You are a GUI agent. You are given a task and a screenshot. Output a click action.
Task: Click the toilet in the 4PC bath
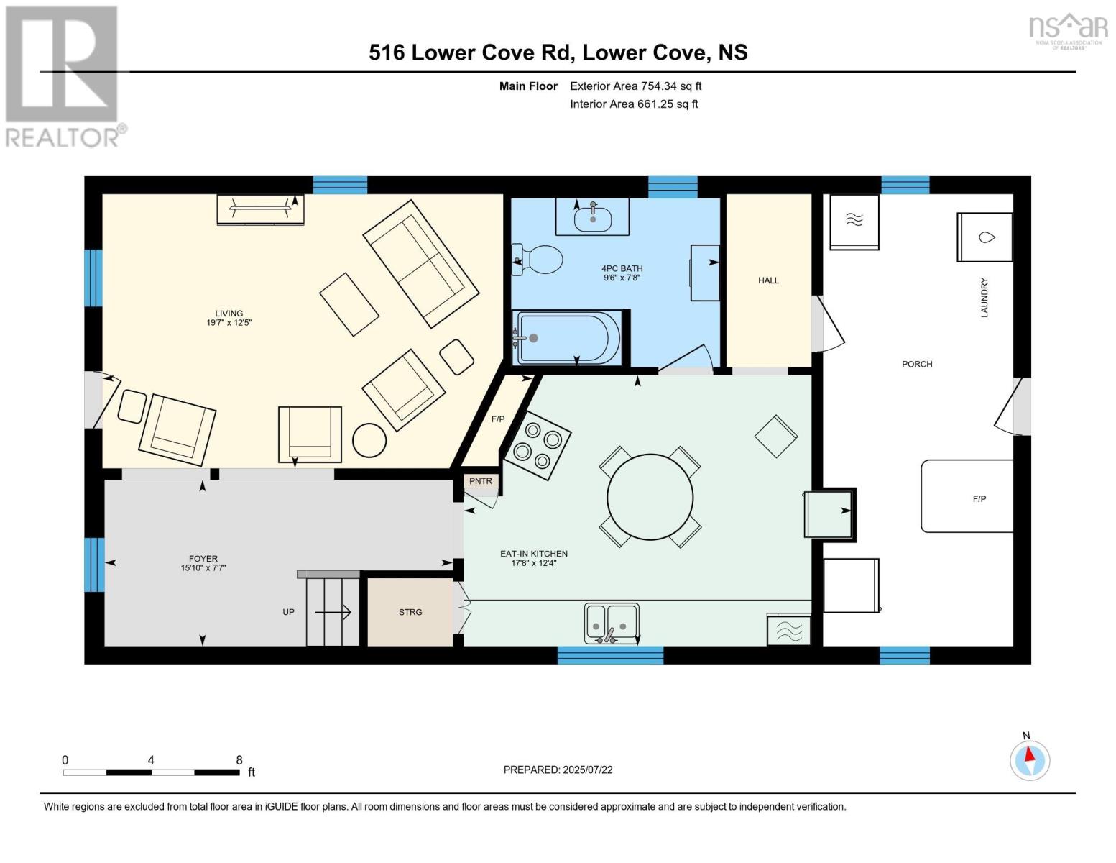click(x=539, y=260)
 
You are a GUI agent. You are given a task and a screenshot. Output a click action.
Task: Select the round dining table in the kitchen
click(x=650, y=497)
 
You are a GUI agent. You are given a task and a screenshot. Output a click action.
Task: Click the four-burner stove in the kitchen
click(x=538, y=444)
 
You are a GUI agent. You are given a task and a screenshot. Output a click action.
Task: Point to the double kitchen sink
click(x=611, y=623)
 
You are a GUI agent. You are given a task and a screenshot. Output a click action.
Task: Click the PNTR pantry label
click(x=481, y=481)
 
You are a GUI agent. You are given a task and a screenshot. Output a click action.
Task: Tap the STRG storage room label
click(x=410, y=612)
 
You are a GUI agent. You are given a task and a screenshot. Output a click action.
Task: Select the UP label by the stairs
click(x=288, y=612)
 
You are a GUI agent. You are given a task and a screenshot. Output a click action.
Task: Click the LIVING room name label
click(x=229, y=314)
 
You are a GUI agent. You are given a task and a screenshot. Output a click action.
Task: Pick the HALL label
click(x=768, y=280)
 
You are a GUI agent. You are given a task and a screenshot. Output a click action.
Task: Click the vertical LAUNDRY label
click(x=984, y=297)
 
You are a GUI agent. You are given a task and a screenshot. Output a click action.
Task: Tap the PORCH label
click(x=917, y=364)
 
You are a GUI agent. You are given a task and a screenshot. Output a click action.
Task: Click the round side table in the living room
click(x=369, y=439)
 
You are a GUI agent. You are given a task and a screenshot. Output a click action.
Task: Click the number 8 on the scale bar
click(x=239, y=760)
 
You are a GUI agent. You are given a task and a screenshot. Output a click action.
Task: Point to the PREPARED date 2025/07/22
click(x=558, y=770)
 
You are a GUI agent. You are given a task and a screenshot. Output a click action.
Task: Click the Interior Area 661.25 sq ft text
click(x=634, y=104)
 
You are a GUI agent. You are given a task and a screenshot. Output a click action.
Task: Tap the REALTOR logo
click(x=63, y=76)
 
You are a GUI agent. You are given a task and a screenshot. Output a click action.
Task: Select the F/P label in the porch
click(x=979, y=498)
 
